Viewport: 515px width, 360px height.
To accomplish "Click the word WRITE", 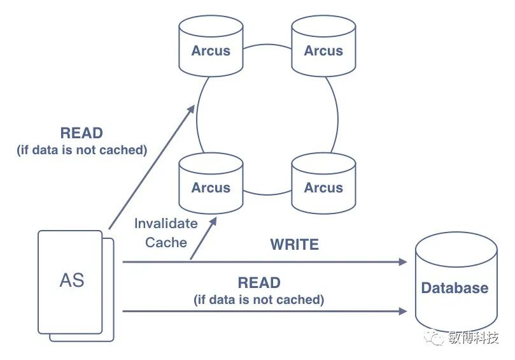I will click(x=294, y=244).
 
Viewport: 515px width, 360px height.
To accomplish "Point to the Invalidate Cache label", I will click(x=166, y=233).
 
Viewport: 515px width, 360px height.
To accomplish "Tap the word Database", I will click(x=455, y=287).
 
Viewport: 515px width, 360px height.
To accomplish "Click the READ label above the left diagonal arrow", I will click(x=81, y=133).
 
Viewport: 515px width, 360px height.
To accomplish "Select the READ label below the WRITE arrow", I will click(x=259, y=283).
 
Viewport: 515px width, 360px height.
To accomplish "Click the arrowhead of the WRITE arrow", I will click(x=403, y=261).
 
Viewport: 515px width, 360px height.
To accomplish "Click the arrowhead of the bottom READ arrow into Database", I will click(x=403, y=311).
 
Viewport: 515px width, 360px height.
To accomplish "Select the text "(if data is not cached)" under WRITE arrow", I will click(x=259, y=299).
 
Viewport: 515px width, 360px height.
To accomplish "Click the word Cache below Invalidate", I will click(x=166, y=242).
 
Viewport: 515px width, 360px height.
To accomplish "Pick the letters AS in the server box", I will click(x=71, y=280).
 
